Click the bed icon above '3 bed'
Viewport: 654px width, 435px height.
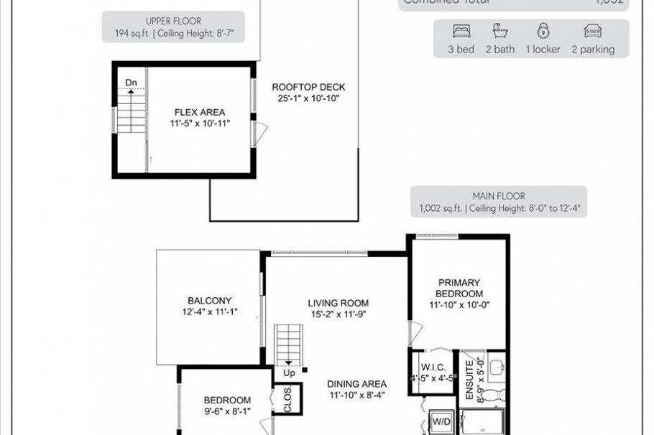(x=460, y=32)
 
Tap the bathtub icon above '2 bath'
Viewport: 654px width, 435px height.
(x=499, y=32)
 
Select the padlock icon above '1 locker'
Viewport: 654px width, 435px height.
(x=543, y=32)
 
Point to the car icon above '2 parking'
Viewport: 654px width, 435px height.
(x=593, y=32)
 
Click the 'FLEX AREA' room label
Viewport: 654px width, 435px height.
(x=200, y=112)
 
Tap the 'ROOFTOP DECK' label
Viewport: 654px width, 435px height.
(x=305, y=87)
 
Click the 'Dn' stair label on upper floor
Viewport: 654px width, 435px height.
(x=131, y=83)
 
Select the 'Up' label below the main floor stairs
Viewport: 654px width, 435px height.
(x=289, y=373)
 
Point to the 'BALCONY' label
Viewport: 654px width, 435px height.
(x=209, y=301)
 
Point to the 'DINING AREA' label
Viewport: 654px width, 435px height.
(x=358, y=383)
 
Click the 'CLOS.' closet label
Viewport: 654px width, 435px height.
(x=287, y=401)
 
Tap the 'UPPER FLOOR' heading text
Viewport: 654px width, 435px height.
(x=172, y=22)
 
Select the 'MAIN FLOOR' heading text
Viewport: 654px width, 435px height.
(x=498, y=196)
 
